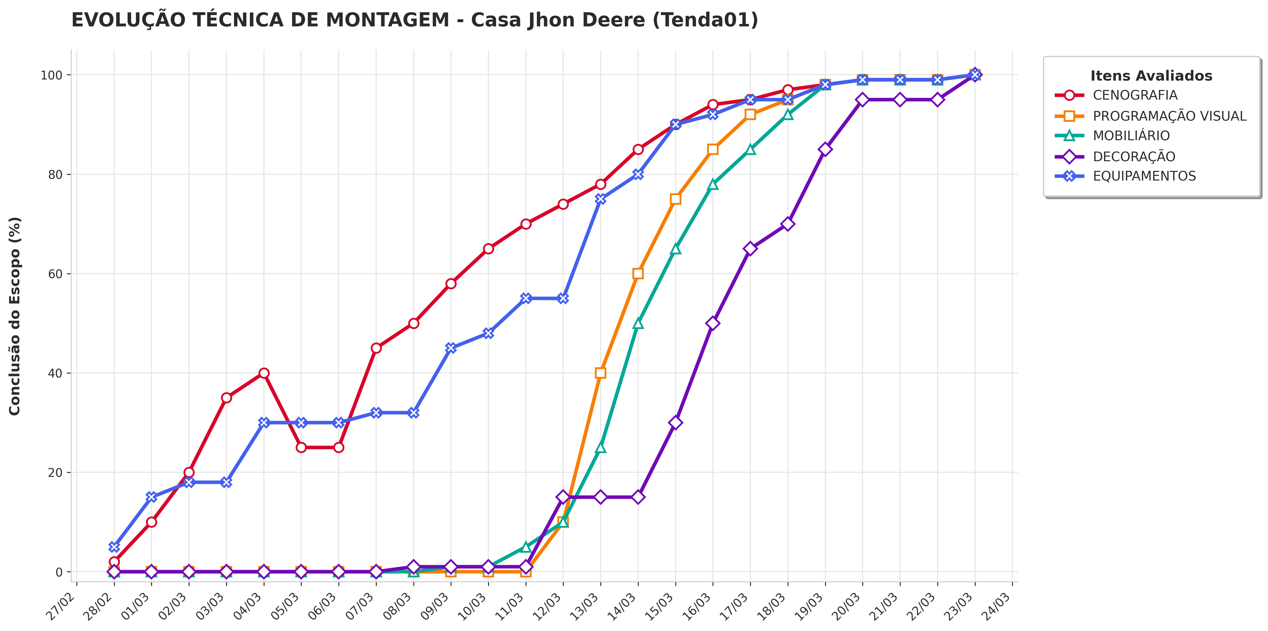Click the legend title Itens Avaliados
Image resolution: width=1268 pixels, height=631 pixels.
[1151, 76]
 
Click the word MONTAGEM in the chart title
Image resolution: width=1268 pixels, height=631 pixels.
[388, 20]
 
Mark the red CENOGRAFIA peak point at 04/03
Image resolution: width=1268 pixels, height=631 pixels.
[264, 373]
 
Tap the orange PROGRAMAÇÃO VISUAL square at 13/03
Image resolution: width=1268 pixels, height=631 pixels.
[601, 373]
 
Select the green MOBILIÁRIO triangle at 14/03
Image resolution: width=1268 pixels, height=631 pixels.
[638, 323]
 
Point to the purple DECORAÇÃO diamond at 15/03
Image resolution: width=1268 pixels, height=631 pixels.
[675, 422]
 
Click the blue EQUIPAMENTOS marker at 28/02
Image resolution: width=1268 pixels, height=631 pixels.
[114, 547]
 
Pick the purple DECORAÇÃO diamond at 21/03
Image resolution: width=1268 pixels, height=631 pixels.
[900, 100]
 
